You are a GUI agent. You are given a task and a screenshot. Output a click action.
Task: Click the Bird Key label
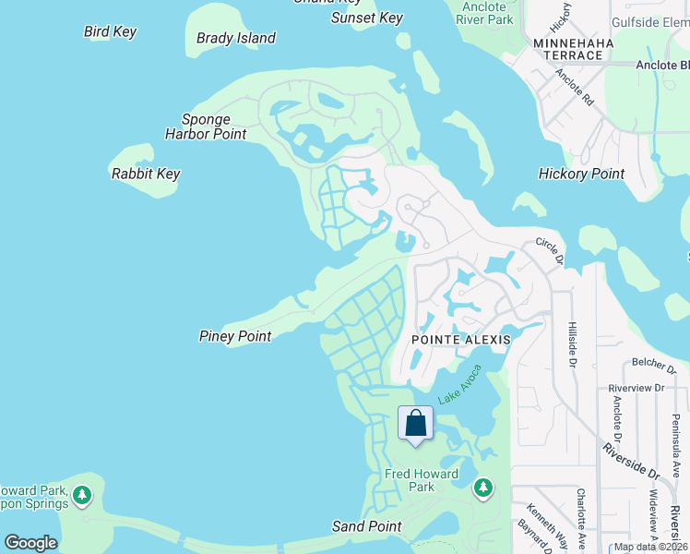pyautogui.click(x=110, y=31)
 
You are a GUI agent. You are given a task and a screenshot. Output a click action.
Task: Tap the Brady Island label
pyautogui.click(x=235, y=38)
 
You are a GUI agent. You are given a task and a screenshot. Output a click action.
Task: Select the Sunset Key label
pyautogui.click(x=367, y=18)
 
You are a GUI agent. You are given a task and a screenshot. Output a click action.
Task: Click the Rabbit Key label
pyautogui.click(x=145, y=174)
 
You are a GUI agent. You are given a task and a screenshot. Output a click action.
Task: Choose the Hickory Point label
pyautogui.click(x=581, y=174)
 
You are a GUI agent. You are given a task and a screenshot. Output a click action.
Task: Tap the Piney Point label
pyautogui.click(x=235, y=336)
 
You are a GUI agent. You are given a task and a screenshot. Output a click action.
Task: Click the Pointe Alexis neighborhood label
pyautogui.click(x=459, y=340)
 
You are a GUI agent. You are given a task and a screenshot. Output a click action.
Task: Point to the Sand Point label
pyautogui.click(x=366, y=526)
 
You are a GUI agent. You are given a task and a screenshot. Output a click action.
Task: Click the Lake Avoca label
pyautogui.click(x=459, y=383)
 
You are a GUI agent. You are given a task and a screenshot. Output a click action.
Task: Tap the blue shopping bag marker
pyautogui.click(x=416, y=424)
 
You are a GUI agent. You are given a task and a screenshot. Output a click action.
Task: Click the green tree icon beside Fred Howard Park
pyautogui.click(x=483, y=487)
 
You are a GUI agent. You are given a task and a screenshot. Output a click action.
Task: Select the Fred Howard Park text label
pyautogui.click(x=422, y=480)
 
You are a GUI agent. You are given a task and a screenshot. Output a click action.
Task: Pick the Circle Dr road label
pyautogui.click(x=549, y=250)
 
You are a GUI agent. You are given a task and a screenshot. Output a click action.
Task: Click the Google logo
pyautogui.click(x=30, y=543)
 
